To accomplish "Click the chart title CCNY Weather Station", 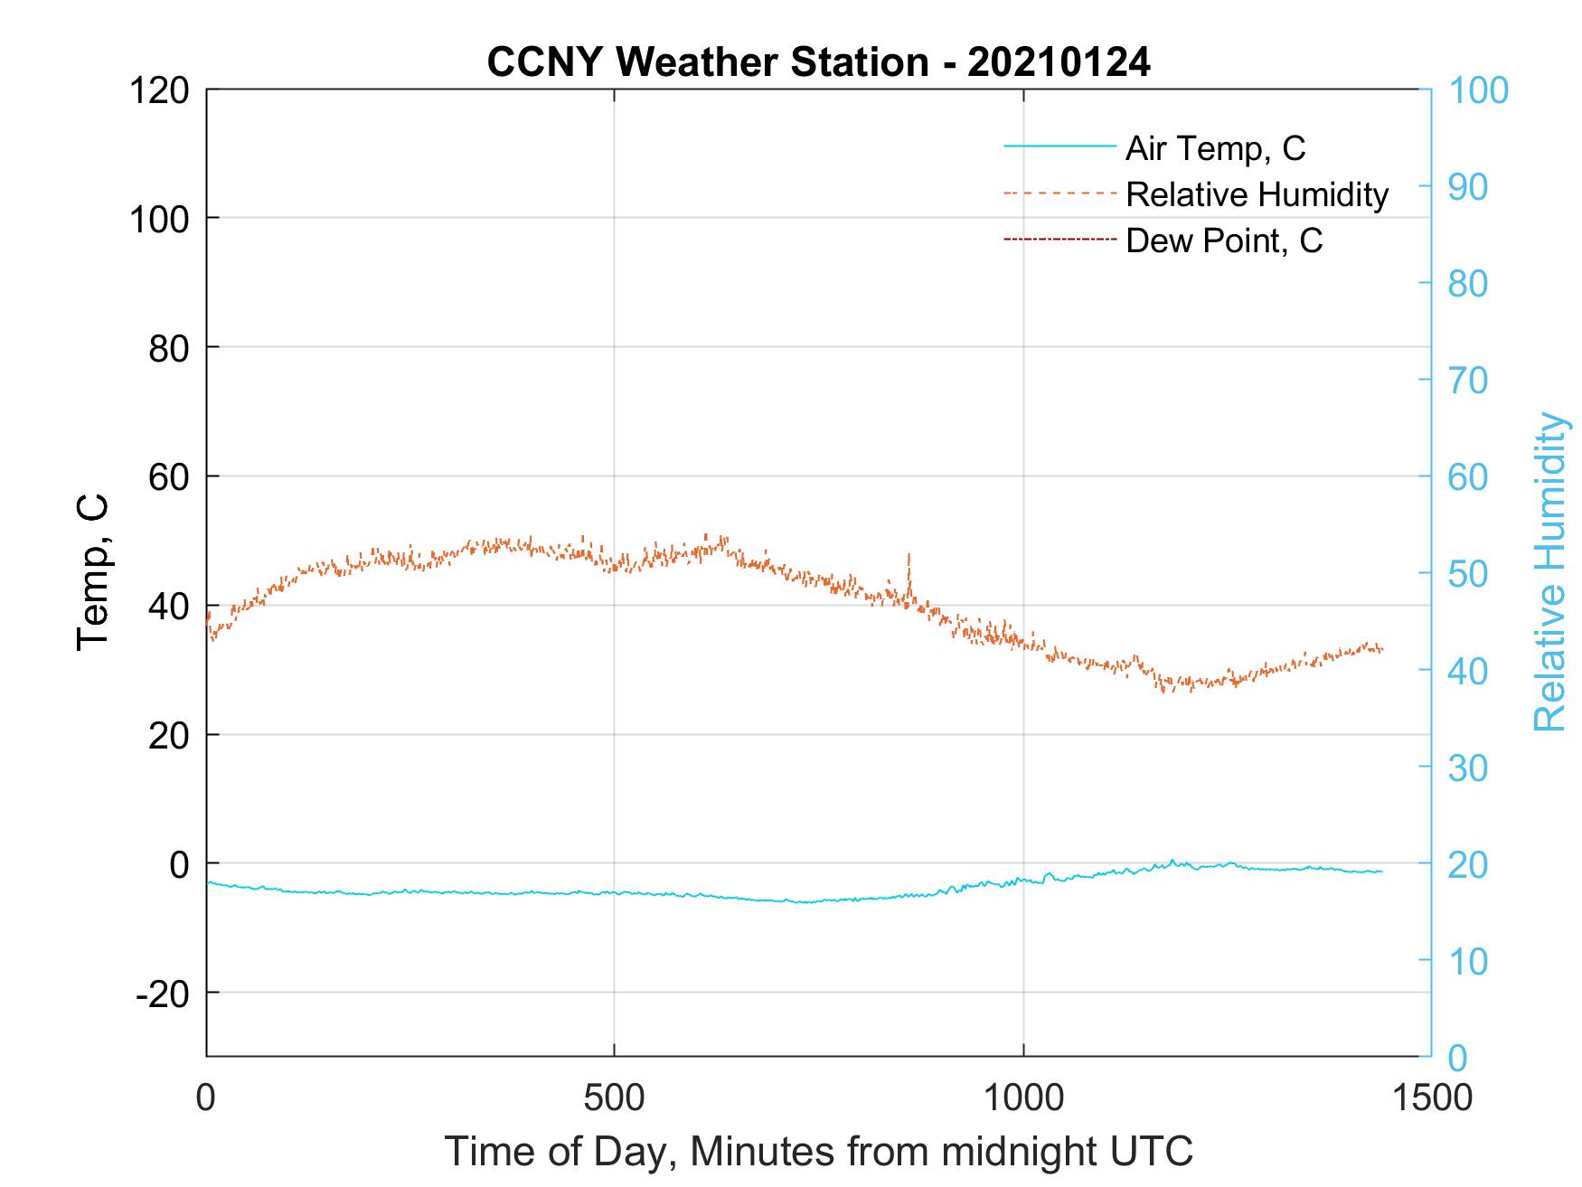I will click(x=818, y=61).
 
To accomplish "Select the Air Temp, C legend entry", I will click(x=1214, y=147).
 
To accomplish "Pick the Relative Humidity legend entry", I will click(x=1256, y=194).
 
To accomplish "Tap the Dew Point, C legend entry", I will click(x=1223, y=241).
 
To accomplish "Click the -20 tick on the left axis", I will click(x=163, y=994).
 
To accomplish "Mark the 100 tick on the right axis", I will click(x=1477, y=90).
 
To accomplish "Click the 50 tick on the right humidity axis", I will click(x=1467, y=573).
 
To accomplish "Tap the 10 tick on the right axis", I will click(x=1467, y=961).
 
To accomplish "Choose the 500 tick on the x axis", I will click(x=614, y=1098).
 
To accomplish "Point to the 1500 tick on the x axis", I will click(x=1430, y=1098).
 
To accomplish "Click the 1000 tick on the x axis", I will click(x=1023, y=1098).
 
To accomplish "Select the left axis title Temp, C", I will click(x=92, y=572).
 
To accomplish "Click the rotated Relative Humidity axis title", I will click(x=1549, y=572).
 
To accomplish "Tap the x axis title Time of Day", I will click(x=818, y=1152).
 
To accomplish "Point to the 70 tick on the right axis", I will click(x=1467, y=381).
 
